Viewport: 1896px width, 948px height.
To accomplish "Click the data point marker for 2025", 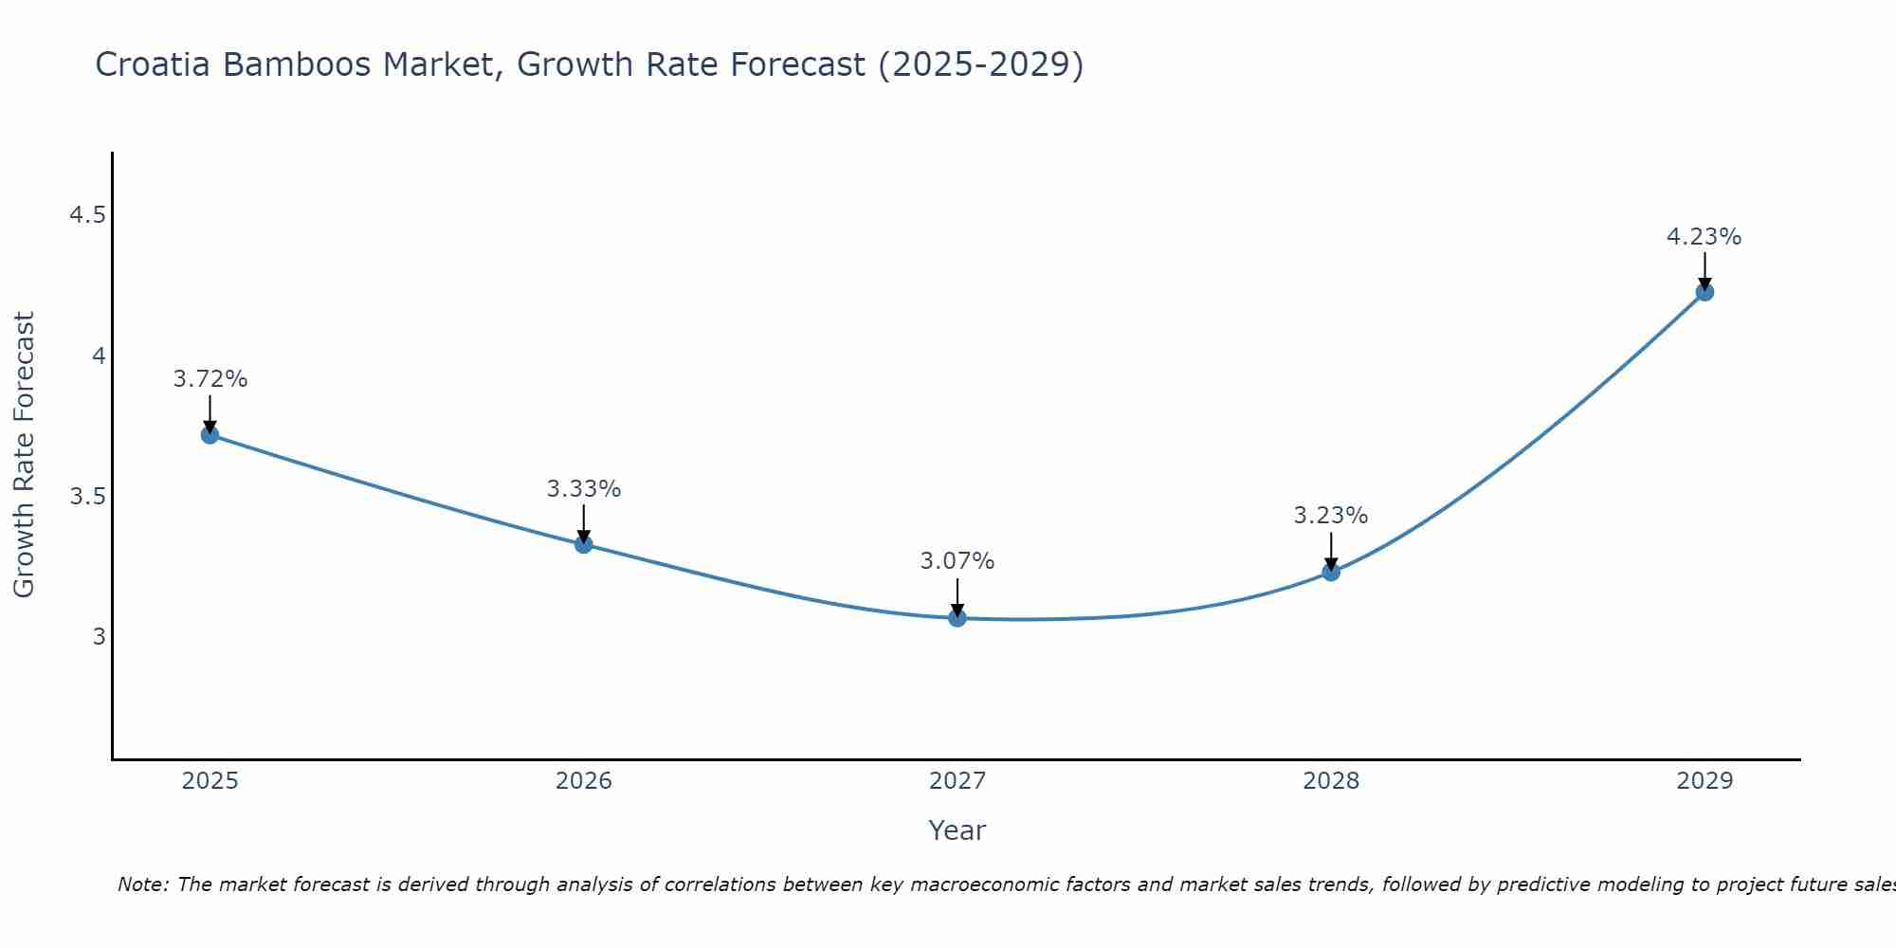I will pyautogui.click(x=210, y=435).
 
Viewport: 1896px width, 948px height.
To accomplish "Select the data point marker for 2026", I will pyautogui.click(x=584, y=544).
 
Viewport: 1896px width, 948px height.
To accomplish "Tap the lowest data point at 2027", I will pyautogui.click(x=957, y=618).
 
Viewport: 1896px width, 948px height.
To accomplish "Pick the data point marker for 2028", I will pyautogui.click(x=1331, y=572).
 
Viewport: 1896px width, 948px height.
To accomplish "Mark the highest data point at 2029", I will pyautogui.click(x=1705, y=292).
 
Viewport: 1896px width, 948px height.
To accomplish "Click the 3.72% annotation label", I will pyautogui.click(x=210, y=379).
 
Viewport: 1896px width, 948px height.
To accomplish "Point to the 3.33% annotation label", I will pyautogui.click(x=584, y=489).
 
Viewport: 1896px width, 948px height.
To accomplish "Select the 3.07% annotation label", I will pyautogui.click(x=957, y=561).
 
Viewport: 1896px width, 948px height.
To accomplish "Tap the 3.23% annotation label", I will pyautogui.click(x=1331, y=516).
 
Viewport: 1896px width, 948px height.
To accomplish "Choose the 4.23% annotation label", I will pyautogui.click(x=1705, y=237).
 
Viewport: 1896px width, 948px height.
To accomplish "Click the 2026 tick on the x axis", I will pyautogui.click(x=584, y=781).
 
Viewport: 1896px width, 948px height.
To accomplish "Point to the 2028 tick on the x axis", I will pyautogui.click(x=1331, y=781).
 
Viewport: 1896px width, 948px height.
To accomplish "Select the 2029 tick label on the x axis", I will pyautogui.click(x=1705, y=781).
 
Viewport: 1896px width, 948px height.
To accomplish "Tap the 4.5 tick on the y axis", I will pyautogui.click(x=87, y=216).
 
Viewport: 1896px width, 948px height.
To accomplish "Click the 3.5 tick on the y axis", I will pyautogui.click(x=87, y=497).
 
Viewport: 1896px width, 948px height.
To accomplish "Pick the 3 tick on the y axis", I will pyautogui.click(x=99, y=637).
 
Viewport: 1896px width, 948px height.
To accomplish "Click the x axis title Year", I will pyautogui.click(x=957, y=830).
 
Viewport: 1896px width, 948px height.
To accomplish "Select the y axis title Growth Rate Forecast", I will pyautogui.click(x=24, y=455).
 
